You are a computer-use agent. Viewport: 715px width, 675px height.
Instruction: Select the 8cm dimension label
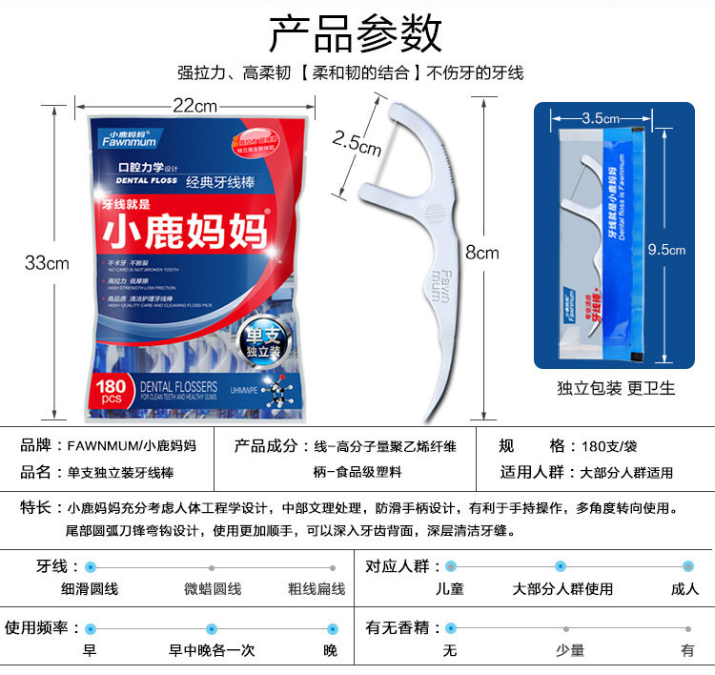coord(481,253)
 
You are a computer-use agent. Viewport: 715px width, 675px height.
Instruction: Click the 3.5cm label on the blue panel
coord(601,118)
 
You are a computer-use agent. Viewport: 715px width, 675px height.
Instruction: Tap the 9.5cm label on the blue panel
coord(666,250)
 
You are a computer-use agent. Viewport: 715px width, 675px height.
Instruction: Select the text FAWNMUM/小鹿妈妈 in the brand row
coord(133,445)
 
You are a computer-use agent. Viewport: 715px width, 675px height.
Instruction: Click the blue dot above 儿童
coord(451,566)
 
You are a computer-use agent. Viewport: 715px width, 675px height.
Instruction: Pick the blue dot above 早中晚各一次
coord(212,629)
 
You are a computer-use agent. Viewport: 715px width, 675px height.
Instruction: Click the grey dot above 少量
coord(568,629)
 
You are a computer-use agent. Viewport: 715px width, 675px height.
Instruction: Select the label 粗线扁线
coord(316,589)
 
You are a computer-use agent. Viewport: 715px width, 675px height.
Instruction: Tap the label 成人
coord(684,589)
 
